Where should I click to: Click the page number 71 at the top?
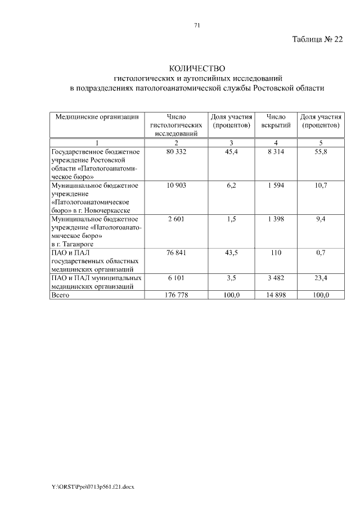coord(197,25)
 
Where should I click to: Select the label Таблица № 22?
coord(317,40)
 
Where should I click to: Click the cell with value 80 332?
coord(176,152)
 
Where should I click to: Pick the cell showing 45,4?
coord(231,152)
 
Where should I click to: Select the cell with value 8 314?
coord(276,152)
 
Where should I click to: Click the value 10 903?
coord(176,185)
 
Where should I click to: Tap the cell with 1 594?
coord(276,185)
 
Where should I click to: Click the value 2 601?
coord(176,218)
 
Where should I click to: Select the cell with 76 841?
coord(176,253)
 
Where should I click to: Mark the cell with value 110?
coord(276,253)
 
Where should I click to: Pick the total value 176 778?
coord(176,295)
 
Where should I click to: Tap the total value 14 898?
coord(276,295)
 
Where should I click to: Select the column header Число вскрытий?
coord(276,120)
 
